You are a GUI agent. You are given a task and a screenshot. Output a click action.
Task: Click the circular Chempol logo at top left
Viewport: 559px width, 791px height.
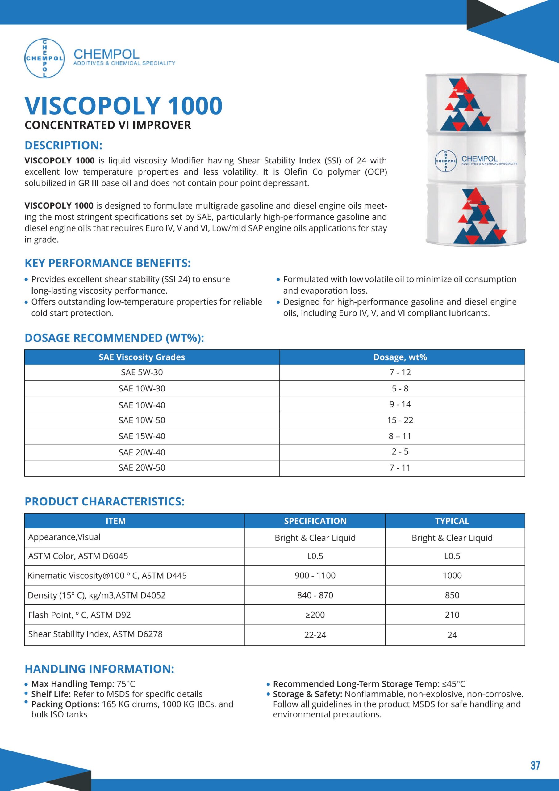(44, 58)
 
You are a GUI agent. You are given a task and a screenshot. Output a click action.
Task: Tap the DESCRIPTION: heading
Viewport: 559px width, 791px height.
(63, 146)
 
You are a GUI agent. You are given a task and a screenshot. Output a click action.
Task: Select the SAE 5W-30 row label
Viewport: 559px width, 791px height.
(142, 372)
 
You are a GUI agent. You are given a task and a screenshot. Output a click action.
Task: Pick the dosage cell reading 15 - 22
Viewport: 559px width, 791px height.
(400, 420)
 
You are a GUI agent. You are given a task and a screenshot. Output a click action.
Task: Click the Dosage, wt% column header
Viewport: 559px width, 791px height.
(400, 357)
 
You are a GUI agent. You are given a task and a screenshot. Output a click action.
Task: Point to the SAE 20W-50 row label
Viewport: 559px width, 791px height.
(142, 467)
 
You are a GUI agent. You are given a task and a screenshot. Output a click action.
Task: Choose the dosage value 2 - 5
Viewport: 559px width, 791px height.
(400, 451)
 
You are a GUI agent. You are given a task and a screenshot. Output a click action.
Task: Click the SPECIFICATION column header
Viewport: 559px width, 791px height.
(315, 521)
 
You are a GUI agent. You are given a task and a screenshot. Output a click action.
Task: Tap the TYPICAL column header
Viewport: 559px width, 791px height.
(452, 521)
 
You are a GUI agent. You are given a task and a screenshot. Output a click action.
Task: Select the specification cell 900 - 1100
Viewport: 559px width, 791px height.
(315, 575)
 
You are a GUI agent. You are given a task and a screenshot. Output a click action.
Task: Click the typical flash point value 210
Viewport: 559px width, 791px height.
(452, 615)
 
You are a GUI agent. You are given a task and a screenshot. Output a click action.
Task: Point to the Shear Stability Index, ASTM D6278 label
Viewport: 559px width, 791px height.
(95, 634)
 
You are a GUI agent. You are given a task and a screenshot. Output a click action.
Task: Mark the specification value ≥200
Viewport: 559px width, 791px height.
(315, 615)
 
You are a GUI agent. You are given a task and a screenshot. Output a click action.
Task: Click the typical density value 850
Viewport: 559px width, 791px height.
(452, 595)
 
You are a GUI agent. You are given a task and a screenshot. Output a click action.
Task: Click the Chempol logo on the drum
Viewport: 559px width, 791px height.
(446, 161)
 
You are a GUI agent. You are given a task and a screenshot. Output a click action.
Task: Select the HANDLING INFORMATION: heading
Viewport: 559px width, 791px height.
(99, 669)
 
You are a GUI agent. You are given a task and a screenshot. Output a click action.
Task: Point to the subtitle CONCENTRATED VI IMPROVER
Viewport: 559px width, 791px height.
(108, 125)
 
